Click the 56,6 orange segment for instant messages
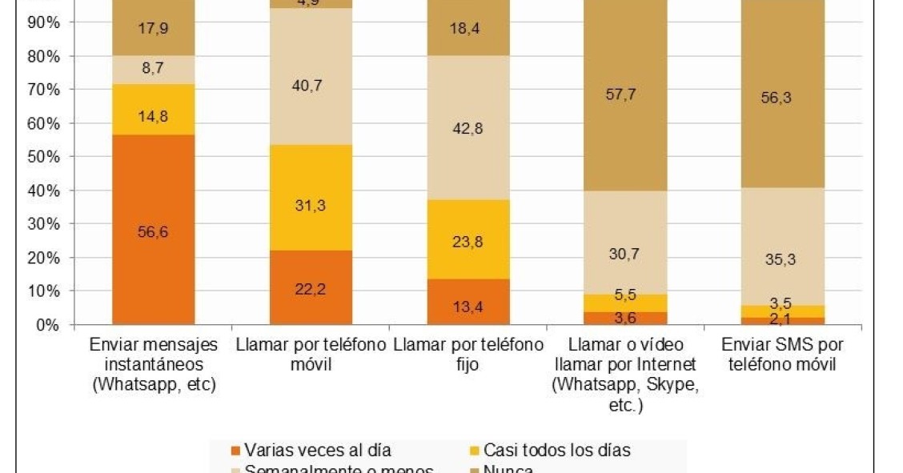point(153,230)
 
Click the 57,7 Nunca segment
point(625,94)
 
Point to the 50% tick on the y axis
point(43,157)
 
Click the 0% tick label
point(46,325)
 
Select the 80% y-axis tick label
point(43,56)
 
